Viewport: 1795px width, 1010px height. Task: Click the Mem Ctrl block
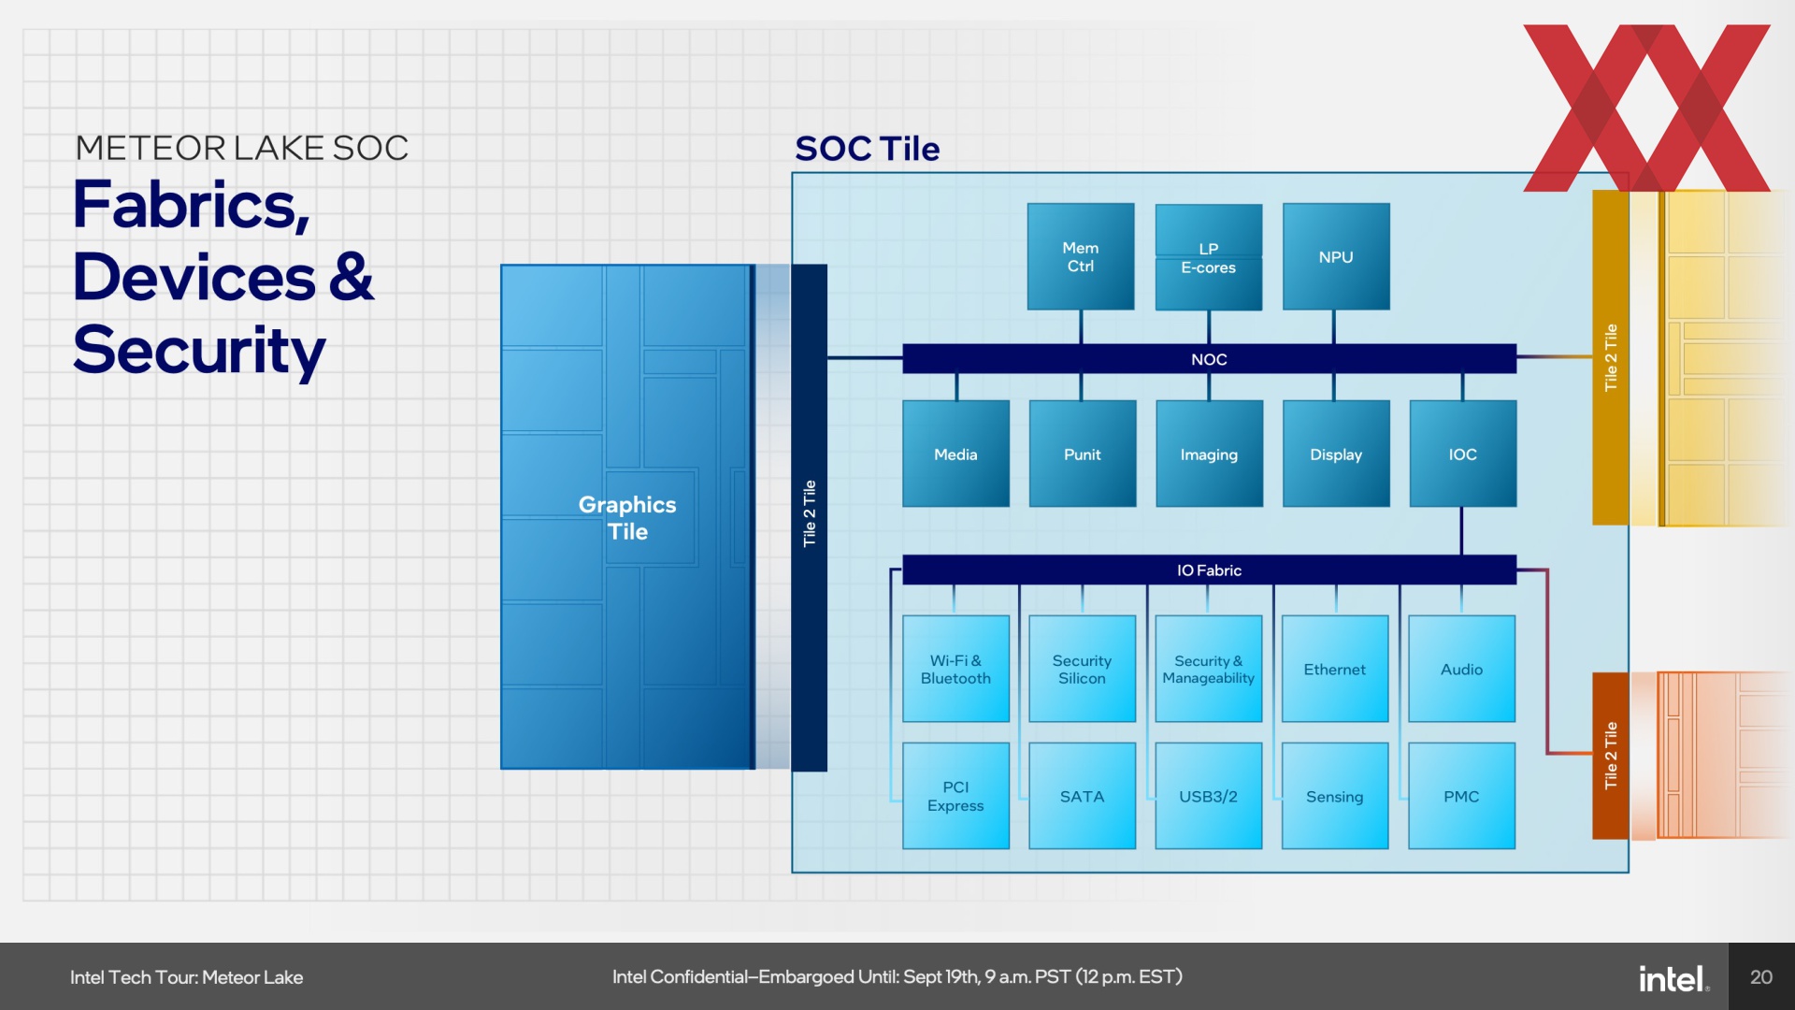(x=1081, y=256)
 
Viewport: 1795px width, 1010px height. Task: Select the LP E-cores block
(x=1209, y=257)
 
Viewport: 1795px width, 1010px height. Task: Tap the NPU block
(x=1336, y=256)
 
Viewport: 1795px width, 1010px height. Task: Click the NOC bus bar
(x=1209, y=359)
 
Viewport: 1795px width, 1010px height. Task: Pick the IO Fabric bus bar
(x=1209, y=570)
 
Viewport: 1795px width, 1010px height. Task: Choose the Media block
(x=955, y=454)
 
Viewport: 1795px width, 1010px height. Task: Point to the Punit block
(x=1083, y=454)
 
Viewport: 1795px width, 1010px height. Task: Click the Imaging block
(x=1209, y=454)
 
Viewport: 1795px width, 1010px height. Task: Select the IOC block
(x=1463, y=454)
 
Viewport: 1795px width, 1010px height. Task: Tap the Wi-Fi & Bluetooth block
(x=955, y=669)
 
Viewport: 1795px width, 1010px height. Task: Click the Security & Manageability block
(x=1209, y=669)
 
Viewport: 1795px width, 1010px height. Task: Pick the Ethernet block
(x=1335, y=669)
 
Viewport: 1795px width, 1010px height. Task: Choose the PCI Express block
(x=955, y=796)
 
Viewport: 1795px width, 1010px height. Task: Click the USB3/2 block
(x=1209, y=796)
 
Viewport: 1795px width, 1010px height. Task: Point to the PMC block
(x=1461, y=796)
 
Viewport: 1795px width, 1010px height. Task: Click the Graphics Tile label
(x=627, y=518)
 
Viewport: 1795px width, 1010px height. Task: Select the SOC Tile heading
(x=867, y=149)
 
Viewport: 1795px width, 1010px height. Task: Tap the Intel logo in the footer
(x=1673, y=978)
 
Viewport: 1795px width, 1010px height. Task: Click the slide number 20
(x=1761, y=977)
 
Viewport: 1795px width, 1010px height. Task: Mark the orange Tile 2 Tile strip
(x=1611, y=756)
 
